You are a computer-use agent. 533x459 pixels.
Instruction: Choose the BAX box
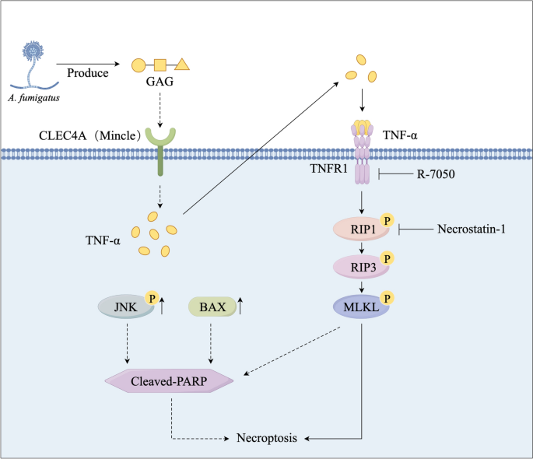tap(212, 307)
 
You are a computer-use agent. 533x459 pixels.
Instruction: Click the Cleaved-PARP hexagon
tap(169, 380)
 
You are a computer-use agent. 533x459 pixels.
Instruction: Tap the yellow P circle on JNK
tap(151, 297)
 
